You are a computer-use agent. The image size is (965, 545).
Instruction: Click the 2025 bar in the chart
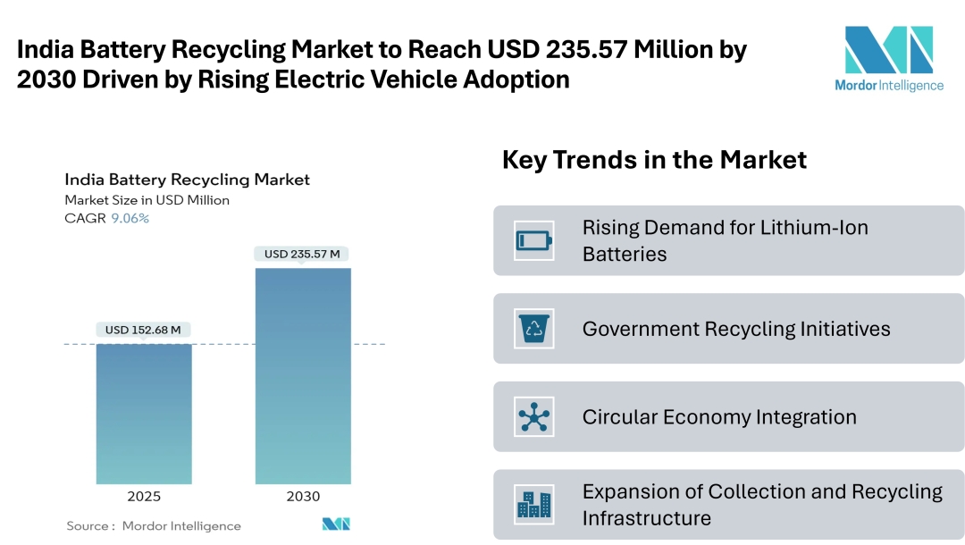coord(144,413)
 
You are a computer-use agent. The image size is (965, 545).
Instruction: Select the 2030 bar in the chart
coord(303,375)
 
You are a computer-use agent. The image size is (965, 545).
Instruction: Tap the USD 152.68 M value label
coord(143,330)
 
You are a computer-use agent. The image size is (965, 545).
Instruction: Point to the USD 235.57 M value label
coord(302,254)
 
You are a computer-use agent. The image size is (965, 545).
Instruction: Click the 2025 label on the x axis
coord(144,497)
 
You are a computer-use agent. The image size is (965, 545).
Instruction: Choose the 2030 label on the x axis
coord(303,497)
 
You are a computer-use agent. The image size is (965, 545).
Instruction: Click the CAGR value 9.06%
coord(130,218)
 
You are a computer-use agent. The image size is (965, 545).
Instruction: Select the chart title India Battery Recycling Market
coord(187,180)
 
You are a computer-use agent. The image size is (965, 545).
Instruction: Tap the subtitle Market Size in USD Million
coord(147,200)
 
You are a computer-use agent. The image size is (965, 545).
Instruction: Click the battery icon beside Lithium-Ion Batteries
coord(534,240)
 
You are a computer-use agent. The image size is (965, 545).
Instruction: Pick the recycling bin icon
coord(534,329)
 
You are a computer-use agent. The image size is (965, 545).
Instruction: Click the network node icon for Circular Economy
coord(534,417)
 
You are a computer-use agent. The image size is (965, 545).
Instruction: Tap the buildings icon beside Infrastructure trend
coord(534,505)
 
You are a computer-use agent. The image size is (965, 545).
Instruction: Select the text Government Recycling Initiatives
coord(736,329)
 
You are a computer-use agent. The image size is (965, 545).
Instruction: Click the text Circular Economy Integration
coord(719,417)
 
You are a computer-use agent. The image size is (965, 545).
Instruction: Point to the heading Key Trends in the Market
coord(654,160)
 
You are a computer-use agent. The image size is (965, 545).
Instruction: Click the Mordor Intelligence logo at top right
coord(888,58)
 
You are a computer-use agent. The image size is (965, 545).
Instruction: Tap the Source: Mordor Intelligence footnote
coord(154,526)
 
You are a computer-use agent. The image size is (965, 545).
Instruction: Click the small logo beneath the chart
coord(336,524)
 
